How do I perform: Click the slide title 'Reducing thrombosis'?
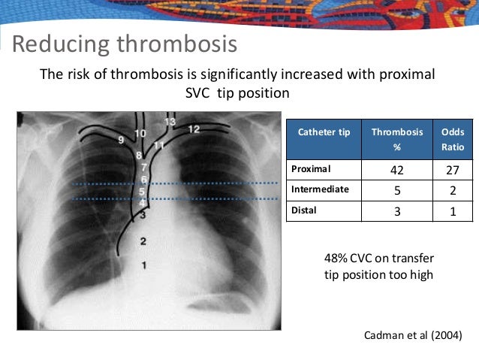(x=125, y=44)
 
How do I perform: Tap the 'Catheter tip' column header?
(x=324, y=132)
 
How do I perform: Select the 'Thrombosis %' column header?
(x=397, y=138)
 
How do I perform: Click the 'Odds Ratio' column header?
(x=453, y=138)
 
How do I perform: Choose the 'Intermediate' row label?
(x=321, y=189)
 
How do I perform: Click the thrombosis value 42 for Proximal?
(x=397, y=170)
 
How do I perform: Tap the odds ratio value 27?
(x=453, y=170)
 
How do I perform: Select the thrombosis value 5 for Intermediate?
(x=397, y=190)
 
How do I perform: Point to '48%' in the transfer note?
(x=336, y=259)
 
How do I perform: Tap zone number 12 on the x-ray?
(x=194, y=129)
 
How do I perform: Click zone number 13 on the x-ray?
(x=170, y=121)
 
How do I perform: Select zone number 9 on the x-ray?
(x=121, y=141)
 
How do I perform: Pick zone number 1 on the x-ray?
(x=143, y=265)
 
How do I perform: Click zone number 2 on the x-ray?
(x=143, y=241)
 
